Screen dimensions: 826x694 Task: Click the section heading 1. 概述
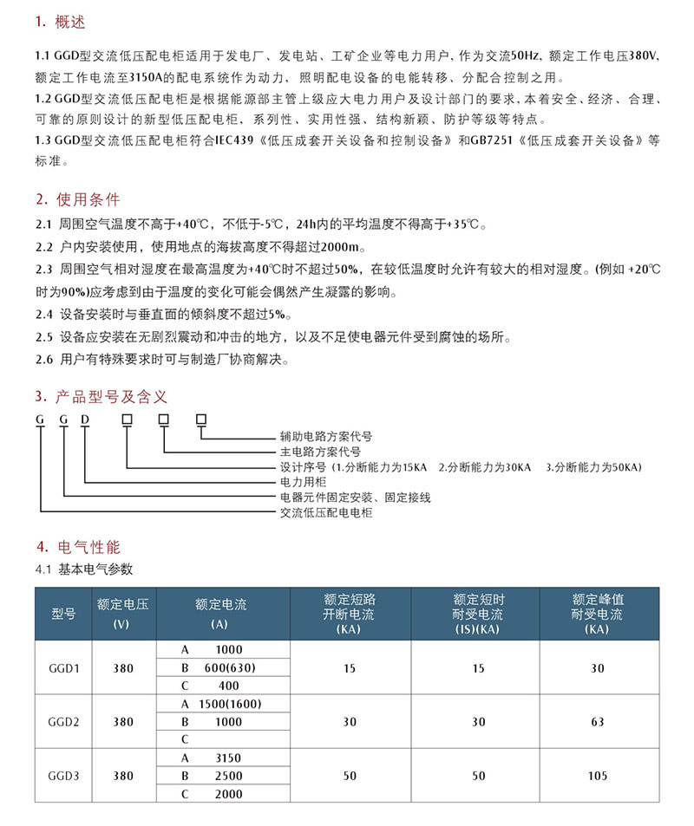click(60, 20)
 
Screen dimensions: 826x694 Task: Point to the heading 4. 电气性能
click(78, 547)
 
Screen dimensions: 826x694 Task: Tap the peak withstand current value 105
click(598, 776)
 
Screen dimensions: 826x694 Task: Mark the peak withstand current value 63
click(598, 722)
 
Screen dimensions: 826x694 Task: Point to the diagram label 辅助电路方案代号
click(325, 436)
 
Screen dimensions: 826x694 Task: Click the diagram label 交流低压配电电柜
click(325, 513)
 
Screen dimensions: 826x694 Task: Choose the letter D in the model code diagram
click(85, 420)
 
